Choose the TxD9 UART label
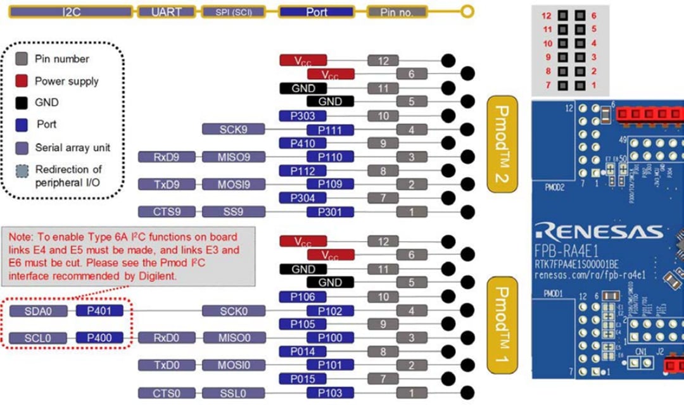(x=165, y=184)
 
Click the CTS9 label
(x=165, y=211)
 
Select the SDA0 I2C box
(x=38, y=311)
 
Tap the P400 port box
(x=99, y=338)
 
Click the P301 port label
(x=329, y=211)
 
